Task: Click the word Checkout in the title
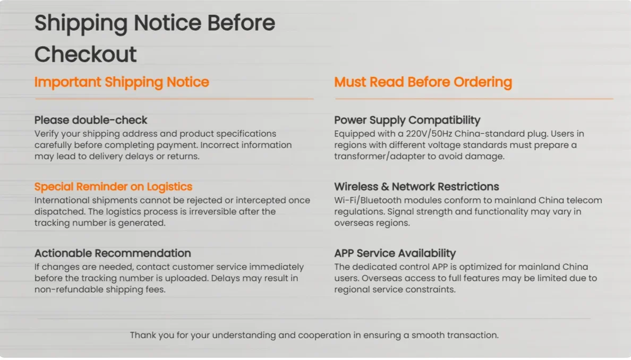click(86, 54)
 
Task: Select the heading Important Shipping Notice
click(122, 82)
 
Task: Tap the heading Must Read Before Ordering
click(423, 82)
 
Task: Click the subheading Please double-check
click(91, 120)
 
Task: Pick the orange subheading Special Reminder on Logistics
click(114, 186)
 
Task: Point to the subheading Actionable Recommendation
click(113, 253)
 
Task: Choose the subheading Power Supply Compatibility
click(407, 121)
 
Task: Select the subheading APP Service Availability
click(395, 253)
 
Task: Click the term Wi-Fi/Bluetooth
click(368, 200)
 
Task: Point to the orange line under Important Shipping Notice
click(174, 99)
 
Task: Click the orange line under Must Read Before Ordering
click(474, 99)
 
